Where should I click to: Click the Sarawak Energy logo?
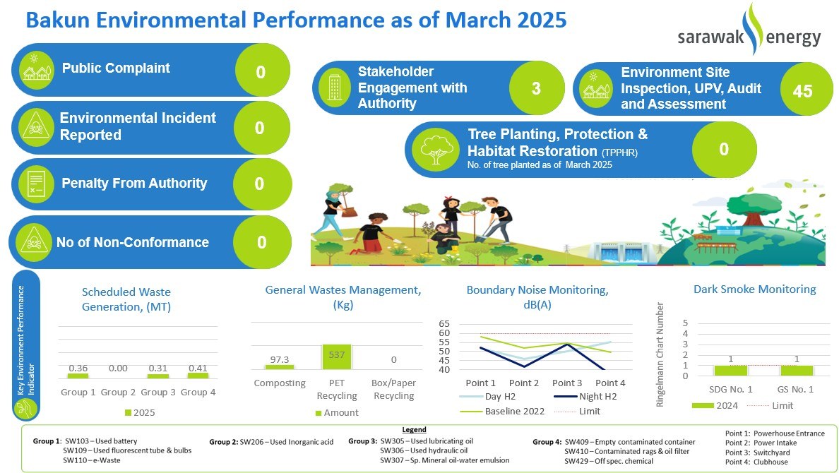749,31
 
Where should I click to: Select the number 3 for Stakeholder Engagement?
536,88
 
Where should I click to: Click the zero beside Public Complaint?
261,72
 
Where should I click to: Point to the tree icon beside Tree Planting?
436,149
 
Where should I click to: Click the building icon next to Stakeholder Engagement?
335,88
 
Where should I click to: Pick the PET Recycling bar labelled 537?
337,357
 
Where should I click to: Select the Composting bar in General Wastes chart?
279,367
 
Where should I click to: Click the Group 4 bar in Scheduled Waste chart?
198,376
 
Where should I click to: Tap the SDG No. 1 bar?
730,370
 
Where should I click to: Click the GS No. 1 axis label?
795,389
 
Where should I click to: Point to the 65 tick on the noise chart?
444,324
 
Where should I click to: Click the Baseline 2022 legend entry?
502,411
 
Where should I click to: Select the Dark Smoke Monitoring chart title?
754,289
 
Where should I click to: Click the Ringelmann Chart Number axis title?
660,354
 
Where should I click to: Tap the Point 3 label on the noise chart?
567,383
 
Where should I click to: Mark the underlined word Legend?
414,430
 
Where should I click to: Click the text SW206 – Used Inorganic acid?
286,442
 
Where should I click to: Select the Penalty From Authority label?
134,183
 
